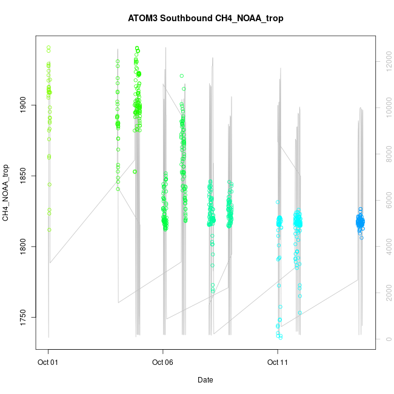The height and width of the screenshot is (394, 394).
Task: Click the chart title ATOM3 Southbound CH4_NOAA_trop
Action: (x=205, y=18)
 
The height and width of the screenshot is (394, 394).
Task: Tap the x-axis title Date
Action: (x=205, y=380)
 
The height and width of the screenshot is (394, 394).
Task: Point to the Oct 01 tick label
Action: (x=48, y=363)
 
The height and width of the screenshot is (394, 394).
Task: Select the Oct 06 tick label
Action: (x=162, y=363)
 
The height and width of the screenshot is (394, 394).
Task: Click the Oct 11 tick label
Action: (x=278, y=363)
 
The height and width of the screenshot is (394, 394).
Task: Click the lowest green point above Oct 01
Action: (x=49, y=230)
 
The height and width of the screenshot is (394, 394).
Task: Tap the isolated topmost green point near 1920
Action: (x=182, y=76)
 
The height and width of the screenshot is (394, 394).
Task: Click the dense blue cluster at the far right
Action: (x=360, y=222)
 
